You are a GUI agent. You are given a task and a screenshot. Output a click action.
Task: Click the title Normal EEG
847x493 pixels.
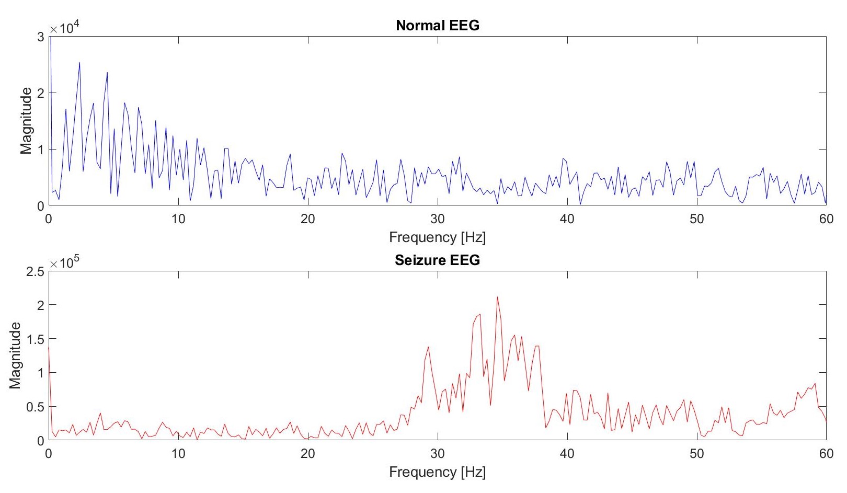(437, 25)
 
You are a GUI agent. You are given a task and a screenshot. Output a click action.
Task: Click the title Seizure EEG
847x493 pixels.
(437, 260)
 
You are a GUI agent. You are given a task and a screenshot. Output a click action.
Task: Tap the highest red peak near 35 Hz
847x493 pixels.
(497, 297)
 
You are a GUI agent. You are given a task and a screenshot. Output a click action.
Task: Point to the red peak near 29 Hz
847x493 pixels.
(428, 347)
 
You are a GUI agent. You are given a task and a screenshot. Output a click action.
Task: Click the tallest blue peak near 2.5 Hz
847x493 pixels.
(79, 63)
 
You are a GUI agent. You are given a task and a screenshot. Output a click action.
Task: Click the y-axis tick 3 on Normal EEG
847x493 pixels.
(41, 37)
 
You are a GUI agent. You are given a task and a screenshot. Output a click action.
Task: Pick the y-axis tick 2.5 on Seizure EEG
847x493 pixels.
(35, 271)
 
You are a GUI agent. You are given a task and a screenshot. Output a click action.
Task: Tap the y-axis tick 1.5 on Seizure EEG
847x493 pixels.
(35, 339)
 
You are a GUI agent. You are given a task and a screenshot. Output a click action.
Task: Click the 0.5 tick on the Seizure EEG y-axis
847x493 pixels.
(35, 407)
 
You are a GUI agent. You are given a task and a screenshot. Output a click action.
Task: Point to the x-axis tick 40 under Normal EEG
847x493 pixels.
(567, 219)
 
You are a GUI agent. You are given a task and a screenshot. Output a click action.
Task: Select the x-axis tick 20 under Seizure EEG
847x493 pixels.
(307, 453)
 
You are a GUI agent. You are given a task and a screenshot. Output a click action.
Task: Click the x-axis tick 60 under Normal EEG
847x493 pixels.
(826, 219)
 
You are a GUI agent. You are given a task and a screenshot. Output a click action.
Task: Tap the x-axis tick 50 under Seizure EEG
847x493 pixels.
(696, 453)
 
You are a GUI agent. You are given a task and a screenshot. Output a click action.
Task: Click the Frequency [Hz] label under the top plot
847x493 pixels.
(437, 237)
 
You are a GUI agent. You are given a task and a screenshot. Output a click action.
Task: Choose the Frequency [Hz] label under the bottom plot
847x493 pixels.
(437, 472)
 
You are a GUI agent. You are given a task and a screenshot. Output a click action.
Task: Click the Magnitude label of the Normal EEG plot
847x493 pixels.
(26, 121)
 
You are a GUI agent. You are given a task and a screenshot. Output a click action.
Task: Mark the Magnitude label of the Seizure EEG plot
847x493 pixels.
(15, 356)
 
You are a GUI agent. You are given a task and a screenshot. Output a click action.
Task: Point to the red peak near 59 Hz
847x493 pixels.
(815, 384)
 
